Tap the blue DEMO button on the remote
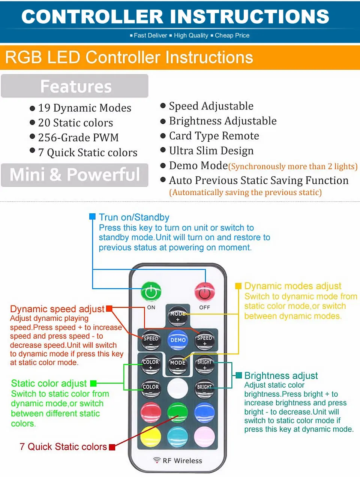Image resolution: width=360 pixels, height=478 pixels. click(x=178, y=339)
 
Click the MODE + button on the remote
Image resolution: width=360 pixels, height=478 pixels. click(x=177, y=316)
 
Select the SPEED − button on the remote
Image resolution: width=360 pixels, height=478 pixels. click(x=151, y=340)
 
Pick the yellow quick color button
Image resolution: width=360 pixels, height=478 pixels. click(x=151, y=437)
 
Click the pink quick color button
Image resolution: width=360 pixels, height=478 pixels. click(x=204, y=437)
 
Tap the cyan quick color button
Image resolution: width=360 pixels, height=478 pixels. click(x=177, y=437)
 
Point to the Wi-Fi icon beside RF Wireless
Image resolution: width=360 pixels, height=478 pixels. click(x=157, y=460)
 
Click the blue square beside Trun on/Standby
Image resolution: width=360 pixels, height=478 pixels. click(x=92, y=217)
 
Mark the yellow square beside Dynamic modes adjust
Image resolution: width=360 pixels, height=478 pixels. click(x=238, y=286)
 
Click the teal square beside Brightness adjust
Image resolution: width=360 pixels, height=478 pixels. click(x=239, y=375)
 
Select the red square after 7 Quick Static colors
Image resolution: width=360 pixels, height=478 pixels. click(x=112, y=447)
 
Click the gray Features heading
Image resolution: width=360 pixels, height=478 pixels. click(x=75, y=86)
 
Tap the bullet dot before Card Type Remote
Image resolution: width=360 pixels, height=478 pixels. click(x=163, y=136)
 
